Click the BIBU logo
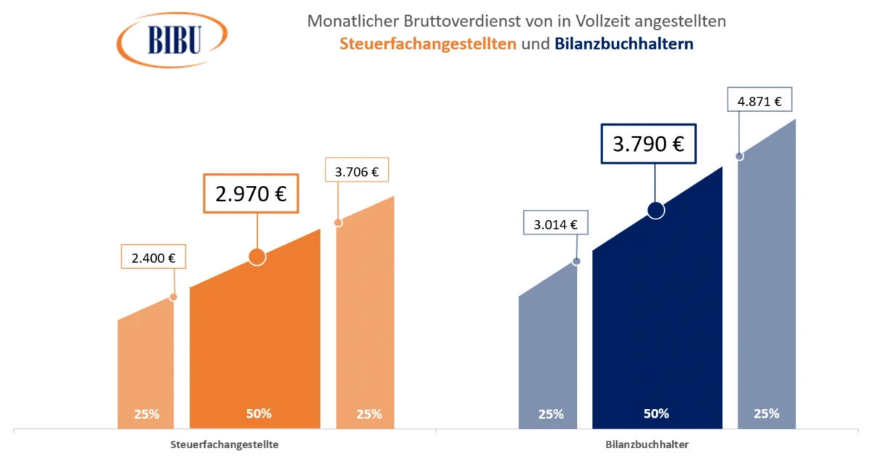coord(173,39)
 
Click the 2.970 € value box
coord(251,193)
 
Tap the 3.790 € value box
coord(648,144)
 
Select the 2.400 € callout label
coord(154,257)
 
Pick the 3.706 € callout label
coord(356,172)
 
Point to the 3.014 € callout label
coord(555,224)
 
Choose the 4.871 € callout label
coord(759,102)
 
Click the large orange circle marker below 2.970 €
coord(257,256)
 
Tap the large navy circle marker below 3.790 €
coord(655,210)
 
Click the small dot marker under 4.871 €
coord(740,156)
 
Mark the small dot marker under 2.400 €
coord(173,297)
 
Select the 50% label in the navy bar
coord(656,414)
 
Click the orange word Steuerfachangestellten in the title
coord(428,44)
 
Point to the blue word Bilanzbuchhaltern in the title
coord(623,44)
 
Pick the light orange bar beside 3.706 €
coord(365,327)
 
